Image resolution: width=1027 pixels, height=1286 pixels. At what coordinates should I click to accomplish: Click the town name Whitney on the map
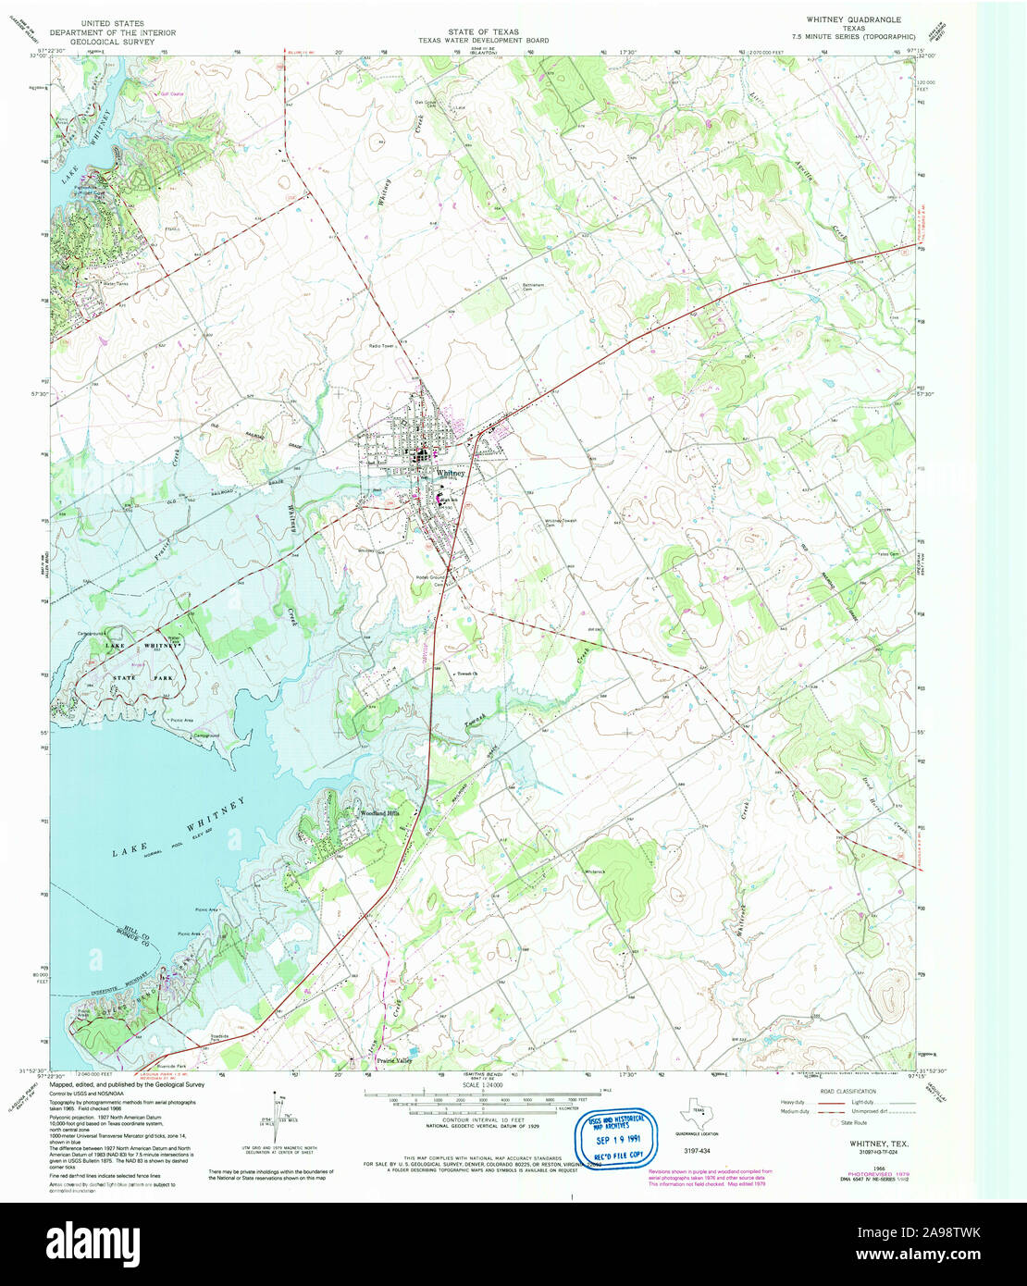(451, 472)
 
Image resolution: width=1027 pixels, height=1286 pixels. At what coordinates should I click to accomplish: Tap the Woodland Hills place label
(379, 813)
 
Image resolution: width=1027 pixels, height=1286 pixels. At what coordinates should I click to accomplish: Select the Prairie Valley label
(395, 1060)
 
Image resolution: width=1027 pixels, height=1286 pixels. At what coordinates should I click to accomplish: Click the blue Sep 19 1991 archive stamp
(620, 1137)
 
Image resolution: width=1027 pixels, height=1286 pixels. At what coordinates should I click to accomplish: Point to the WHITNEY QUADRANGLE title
(852, 19)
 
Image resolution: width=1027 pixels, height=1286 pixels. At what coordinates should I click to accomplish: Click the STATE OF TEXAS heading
(482, 31)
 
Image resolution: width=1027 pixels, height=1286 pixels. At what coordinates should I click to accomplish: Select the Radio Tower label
(381, 345)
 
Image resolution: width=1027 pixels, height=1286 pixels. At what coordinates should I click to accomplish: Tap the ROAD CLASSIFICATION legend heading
(847, 1092)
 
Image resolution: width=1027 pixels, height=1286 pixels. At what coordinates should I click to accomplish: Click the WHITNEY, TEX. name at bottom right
(878, 1144)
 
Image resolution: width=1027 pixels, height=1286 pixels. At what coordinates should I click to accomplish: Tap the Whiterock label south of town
(593, 872)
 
